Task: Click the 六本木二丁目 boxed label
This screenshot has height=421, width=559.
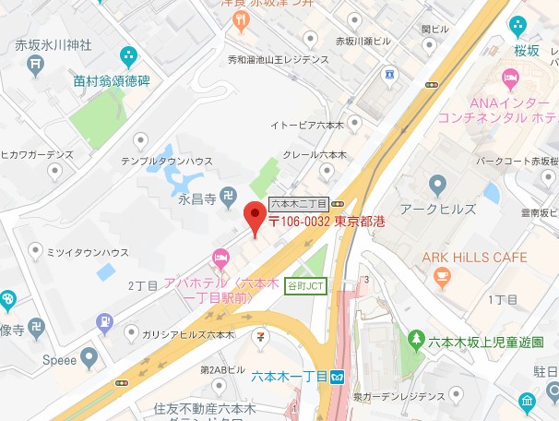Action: click(x=299, y=202)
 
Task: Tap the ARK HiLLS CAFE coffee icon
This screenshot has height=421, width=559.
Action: click(x=442, y=274)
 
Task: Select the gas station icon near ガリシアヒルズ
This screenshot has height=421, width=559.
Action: click(x=104, y=322)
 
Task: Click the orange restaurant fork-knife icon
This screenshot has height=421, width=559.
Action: click(x=243, y=18)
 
